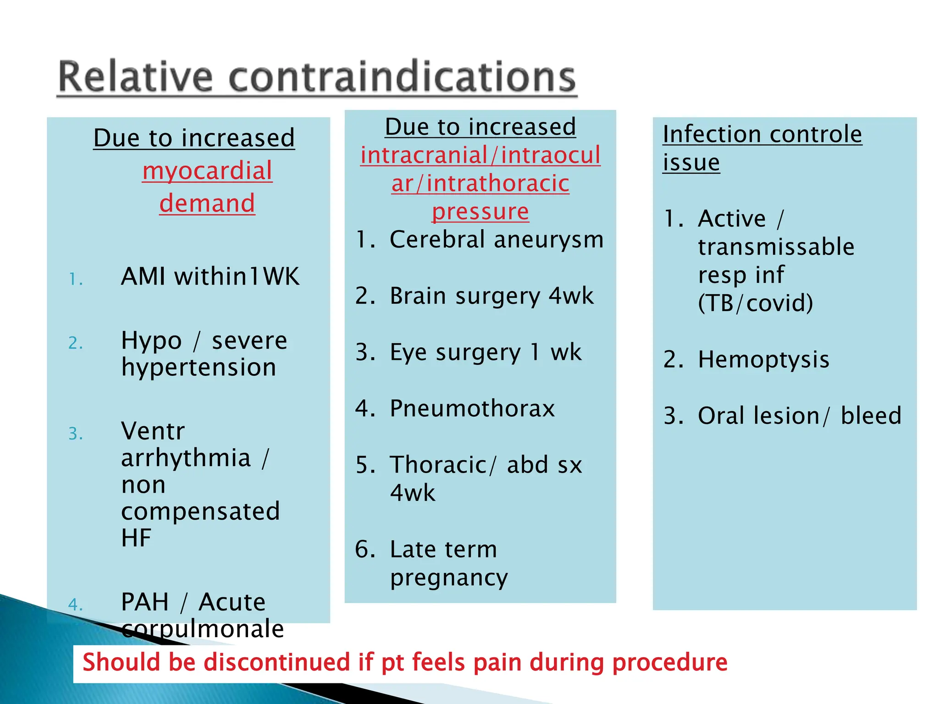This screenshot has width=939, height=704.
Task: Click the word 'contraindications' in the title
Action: point(402,77)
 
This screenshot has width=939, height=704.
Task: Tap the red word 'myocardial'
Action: point(207,171)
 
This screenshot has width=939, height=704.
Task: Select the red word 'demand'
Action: point(207,203)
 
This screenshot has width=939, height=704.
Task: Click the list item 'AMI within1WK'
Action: point(210,276)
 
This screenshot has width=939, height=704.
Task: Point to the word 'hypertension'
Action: point(199,368)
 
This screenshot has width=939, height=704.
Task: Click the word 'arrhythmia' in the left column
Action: point(186,458)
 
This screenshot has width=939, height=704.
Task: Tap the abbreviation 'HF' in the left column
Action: point(136,538)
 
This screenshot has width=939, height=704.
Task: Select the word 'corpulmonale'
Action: point(203,628)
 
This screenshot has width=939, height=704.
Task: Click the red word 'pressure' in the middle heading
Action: point(480,211)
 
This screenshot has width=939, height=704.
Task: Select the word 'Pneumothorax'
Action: point(472,408)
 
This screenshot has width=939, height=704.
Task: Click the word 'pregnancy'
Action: point(449,577)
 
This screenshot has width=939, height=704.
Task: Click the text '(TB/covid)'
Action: point(755,303)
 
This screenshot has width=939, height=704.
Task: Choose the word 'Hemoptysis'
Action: point(763,359)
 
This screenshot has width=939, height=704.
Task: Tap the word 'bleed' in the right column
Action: point(871,416)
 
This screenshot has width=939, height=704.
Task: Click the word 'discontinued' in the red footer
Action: point(277,662)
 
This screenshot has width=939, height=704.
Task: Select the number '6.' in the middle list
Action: point(365,550)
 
